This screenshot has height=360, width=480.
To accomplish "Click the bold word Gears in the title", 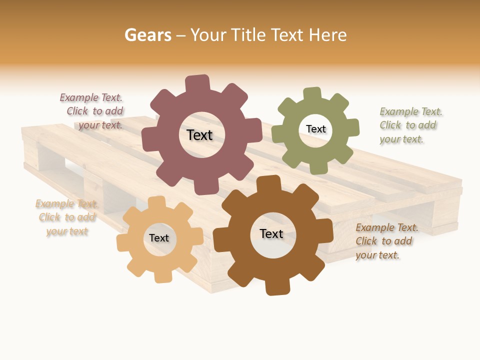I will pyautogui.click(x=147, y=35).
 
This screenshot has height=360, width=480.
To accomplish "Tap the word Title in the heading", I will pyautogui.click(x=249, y=35).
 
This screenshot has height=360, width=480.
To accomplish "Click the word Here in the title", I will pyautogui.click(x=327, y=35).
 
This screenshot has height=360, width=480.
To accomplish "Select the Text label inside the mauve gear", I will pyautogui.click(x=199, y=135).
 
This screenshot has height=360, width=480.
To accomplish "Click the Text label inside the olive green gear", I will pyautogui.click(x=315, y=129).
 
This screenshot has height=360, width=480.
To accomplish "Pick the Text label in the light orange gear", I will pyautogui.click(x=159, y=238).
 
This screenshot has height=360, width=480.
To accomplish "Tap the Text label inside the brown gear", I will pyautogui.click(x=271, y=234).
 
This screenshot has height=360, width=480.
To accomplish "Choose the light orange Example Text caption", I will pyautogui.click(x=66, y=217).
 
